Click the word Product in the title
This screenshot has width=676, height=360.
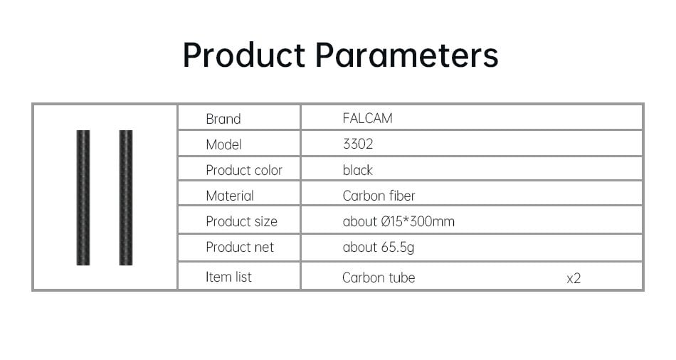coord(244,55)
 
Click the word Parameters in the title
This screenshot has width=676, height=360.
coord(406,55)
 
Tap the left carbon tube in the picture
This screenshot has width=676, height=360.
coord(83,198)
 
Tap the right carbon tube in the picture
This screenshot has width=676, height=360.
coord(126,198)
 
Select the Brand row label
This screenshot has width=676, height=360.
coord(223,119)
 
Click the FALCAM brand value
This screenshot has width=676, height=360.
coord(367,118)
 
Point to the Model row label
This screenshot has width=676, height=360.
coord(223,144)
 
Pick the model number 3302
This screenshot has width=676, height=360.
coord(358,144)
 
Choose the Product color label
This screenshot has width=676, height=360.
coord(244,170)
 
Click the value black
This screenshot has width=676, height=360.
coord(357,170)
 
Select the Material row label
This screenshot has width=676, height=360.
coord(230,196)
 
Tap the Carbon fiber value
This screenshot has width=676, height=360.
coord(379,196)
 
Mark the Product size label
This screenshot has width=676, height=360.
coord(241,221)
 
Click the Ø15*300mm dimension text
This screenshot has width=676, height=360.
coord(418,221)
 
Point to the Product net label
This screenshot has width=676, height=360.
coord(240,247)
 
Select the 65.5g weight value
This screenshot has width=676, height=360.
coord(398,248)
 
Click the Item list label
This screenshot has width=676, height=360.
coord(228,277)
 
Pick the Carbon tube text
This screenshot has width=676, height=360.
coord(379,277)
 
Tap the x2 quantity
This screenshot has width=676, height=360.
coord(574,278)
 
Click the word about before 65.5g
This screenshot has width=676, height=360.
coord(360,247)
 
